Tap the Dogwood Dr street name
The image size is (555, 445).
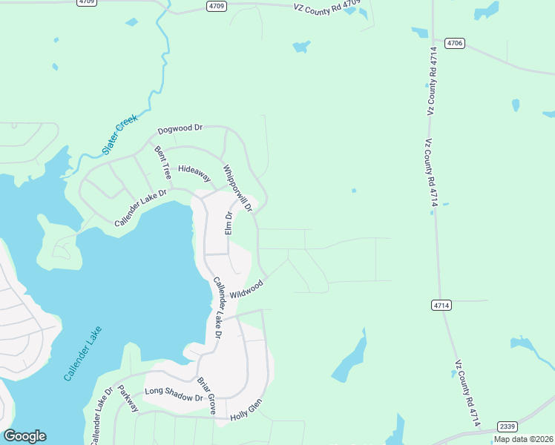(x=177, y=128)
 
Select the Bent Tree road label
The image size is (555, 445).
(x=162, y=162)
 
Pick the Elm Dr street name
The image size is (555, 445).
(x=229, y=223)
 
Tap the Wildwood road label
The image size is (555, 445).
(x=246, y=289)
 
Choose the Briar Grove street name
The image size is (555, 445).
(x=206, y=396)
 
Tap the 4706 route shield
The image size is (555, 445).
(x=455, y=44)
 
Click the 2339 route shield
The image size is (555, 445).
(x=508, y=426)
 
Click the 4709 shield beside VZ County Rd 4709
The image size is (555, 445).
(x=216, y=6)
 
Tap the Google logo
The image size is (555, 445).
(x=24, y=436)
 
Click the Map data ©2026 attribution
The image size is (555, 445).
(x=523, y=439)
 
